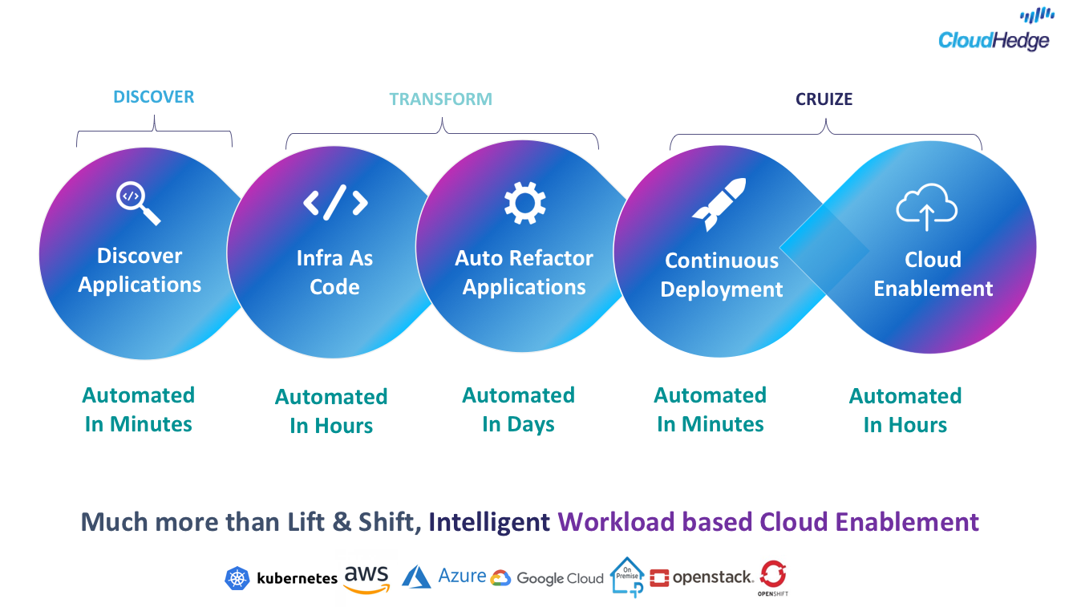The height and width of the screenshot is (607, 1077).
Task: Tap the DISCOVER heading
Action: [x=153, y=97]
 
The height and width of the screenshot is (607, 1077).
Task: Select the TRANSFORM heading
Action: [x=440, y=99]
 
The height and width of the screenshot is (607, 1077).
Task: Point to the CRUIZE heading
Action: [x=824, y=99]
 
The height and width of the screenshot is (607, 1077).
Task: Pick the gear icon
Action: [x=524, y=202]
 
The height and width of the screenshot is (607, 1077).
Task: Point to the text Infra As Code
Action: [x=334, y=273]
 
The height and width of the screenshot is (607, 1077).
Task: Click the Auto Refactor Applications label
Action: [x=524, y=273]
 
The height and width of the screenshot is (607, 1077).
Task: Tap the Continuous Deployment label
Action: [x=722, y=275]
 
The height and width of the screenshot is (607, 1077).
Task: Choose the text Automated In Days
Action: [x=519, y=410]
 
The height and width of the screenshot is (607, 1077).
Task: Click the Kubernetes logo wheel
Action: [x=237, y=578]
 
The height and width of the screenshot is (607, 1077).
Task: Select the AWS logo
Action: [x=366, y=578]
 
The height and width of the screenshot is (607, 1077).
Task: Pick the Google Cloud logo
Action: [x=547, y=578]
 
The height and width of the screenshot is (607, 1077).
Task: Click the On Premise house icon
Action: [x=627, y=576]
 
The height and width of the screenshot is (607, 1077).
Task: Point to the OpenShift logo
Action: [x=773, y=577]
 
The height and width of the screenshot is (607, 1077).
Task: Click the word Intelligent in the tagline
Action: [x=488, y=522]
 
